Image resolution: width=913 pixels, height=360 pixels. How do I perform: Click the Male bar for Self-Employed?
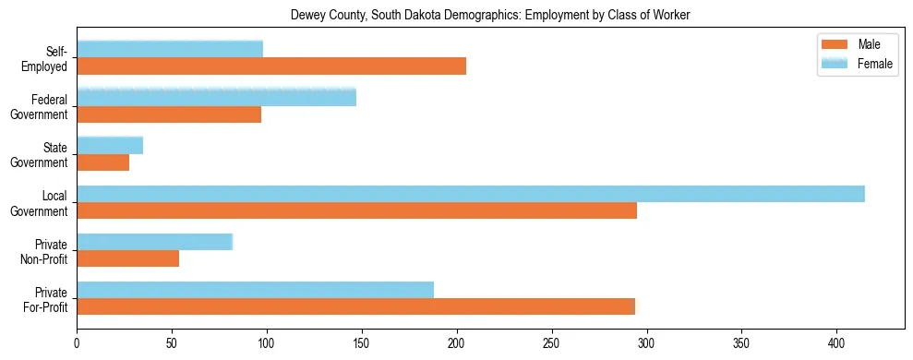(x=271, y=66)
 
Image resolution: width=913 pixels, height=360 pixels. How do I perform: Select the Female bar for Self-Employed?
(x=170, y=49)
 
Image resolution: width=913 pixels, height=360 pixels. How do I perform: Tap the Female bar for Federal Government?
(x=216, y=97)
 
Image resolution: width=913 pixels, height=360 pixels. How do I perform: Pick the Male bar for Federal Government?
(x=169, y=114)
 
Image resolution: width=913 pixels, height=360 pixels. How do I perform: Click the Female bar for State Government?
(x=110, y=145)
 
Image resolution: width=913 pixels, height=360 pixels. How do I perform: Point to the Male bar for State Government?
(x=102, y=162)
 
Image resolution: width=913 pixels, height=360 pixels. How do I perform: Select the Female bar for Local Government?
(x=471, y=193)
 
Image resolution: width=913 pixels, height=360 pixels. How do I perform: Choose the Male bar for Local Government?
(x=356, y=210)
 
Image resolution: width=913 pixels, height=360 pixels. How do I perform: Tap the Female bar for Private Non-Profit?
(x=154, y=242)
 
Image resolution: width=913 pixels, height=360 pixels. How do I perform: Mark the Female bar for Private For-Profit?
(x=255, y=290)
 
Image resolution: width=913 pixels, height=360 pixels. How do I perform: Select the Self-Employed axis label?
(x=44, y=58)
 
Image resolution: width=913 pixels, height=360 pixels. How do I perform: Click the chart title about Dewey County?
(x=490, y=15)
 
